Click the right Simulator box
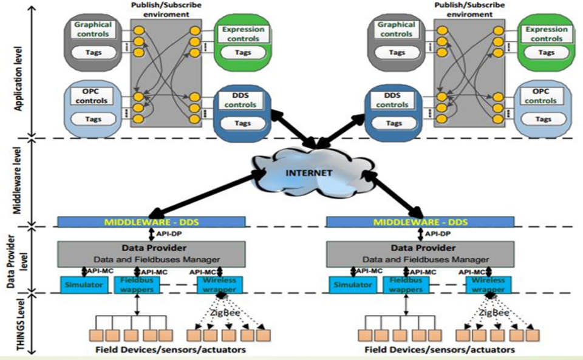point(351,284)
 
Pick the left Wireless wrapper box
point(219,284)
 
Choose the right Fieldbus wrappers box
point(406,284)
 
